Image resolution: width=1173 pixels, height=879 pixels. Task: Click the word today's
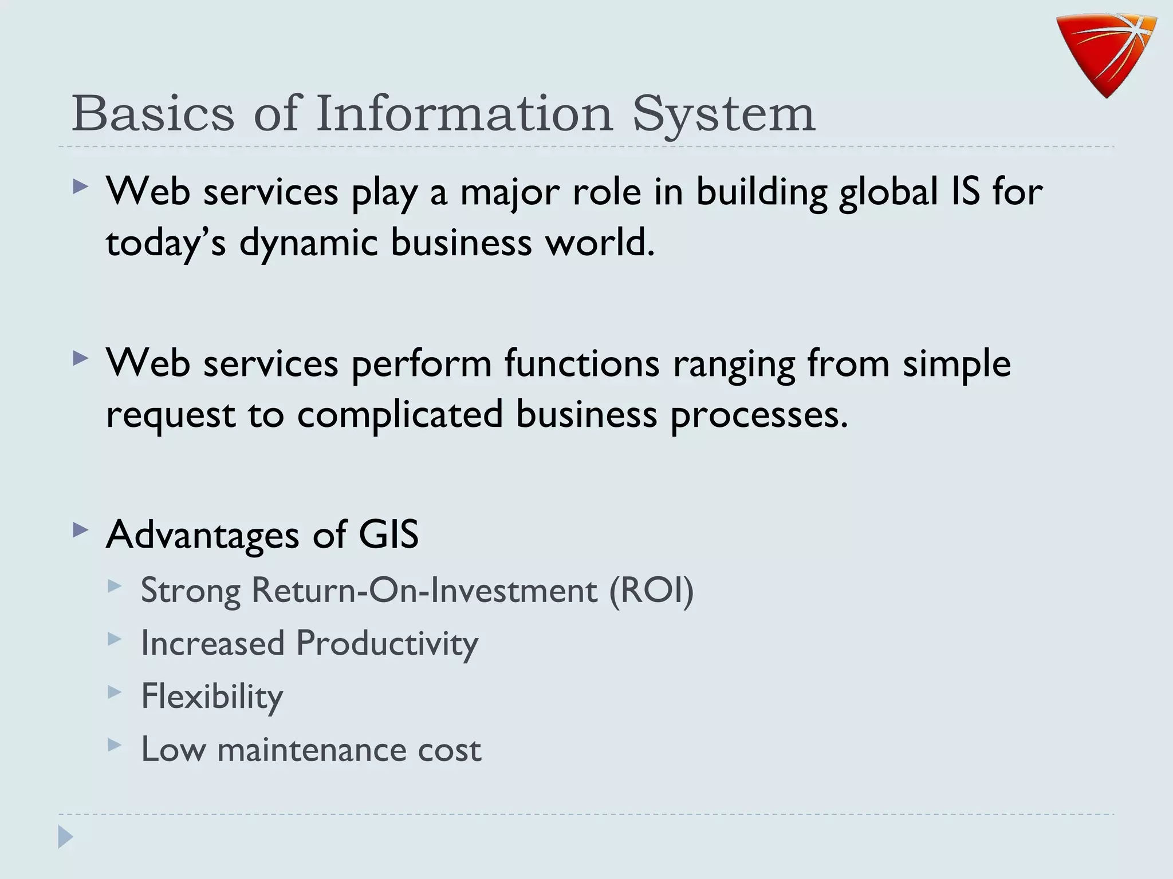pos(166,243)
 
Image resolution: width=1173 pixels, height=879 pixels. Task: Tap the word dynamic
pos(308,243)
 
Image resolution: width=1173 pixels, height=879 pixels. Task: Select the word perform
pos(422,365)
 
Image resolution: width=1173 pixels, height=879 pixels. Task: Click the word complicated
pos(400,414)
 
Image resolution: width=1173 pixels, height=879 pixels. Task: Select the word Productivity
pos(387,643)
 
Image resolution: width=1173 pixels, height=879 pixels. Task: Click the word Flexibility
pos(212,696)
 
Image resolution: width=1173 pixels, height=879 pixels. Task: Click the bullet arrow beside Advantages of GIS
pos(81,530)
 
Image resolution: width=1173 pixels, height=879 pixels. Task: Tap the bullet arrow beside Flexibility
pos(115,692)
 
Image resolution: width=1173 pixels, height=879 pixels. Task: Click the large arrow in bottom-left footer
pos(66,837)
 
